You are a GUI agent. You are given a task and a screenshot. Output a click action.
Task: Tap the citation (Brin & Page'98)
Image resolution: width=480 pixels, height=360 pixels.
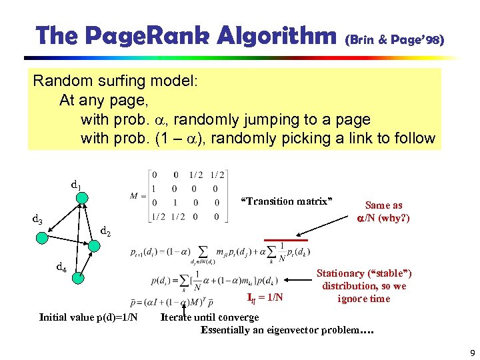point(393,41)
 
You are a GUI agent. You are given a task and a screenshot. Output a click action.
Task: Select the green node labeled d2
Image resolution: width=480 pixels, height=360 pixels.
point(93,245)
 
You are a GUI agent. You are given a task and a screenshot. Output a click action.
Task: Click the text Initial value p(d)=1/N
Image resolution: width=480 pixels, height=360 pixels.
point(89,317)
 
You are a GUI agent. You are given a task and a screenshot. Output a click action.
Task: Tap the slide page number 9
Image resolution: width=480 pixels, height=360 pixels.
point(470,353)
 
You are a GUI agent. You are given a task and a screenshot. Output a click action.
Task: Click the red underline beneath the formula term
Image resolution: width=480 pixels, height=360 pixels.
point(280,239)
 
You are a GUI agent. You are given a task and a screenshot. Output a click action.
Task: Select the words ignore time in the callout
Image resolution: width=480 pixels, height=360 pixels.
point(363,298)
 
